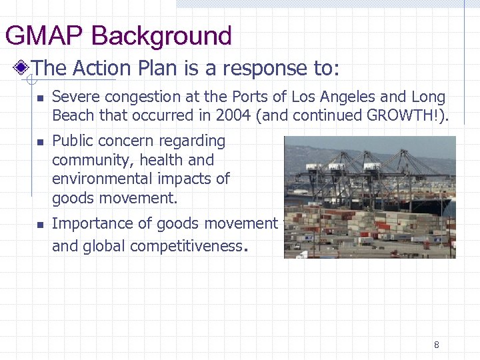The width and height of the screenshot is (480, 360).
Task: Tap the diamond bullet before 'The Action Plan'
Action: tap(23, 67)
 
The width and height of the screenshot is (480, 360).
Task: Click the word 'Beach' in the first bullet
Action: tap(73, 115)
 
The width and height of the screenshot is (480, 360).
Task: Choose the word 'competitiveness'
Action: tap(186, 246)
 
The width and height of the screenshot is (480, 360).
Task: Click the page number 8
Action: tap(437, 345)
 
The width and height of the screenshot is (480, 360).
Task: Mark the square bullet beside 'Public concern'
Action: tap(39, 142)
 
